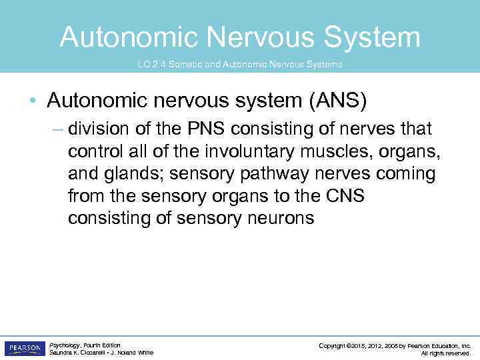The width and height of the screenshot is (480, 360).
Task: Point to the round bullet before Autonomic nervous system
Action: pos(33,101)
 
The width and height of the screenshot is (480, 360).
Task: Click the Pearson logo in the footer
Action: pos(24,349)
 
